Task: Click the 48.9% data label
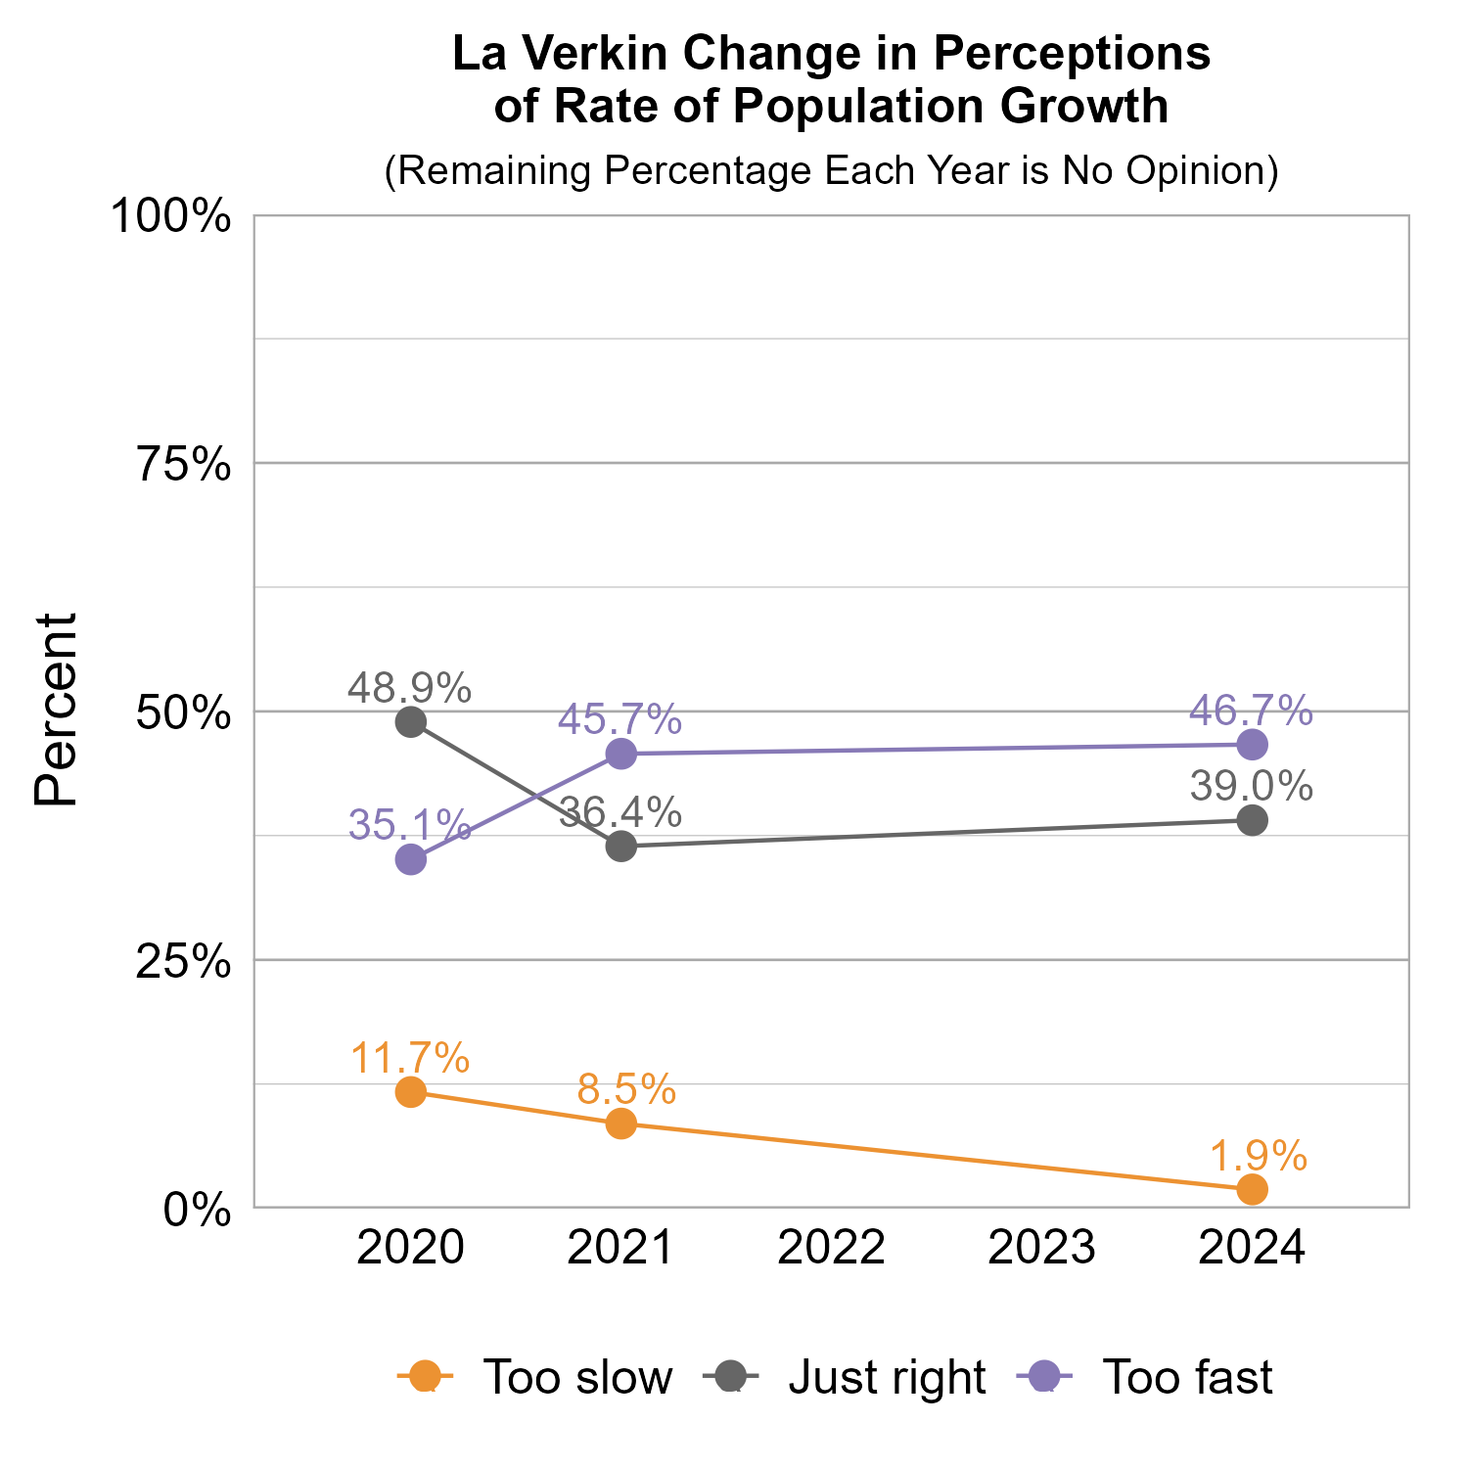point(410,688)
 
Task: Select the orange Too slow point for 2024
point(1253,1189)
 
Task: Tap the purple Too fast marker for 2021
point(621,754)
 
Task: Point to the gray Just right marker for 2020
point(410,722)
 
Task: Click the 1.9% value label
point(1259,1156)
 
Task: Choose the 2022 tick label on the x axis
point(832,1249)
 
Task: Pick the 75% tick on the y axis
point(184,464)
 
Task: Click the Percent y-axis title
point(56,711)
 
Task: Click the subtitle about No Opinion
point(832,170)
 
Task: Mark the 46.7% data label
point(1251,711)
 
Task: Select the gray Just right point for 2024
point(1253,820)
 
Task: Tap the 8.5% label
point(626,1089)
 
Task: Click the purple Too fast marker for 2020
point(410,860)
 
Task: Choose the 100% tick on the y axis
point(172,216)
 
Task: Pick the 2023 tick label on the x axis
point(1042,1249)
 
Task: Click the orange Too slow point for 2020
point(410,1091)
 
